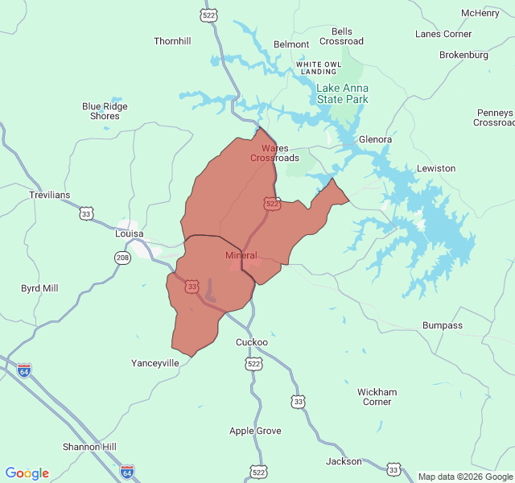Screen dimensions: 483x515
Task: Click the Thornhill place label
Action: coord(172,41)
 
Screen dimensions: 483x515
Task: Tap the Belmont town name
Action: coord(291,44)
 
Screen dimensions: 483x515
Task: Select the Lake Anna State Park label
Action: coord(342,93)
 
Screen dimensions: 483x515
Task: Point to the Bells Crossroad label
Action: coord(341,36)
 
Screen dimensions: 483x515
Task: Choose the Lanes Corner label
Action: coord(443,34)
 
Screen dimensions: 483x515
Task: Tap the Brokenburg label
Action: coord(464,55)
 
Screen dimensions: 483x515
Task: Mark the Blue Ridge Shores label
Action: coord(105,111)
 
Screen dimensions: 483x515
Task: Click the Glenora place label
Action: coord(375,139)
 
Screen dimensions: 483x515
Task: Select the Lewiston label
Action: coord(436,168)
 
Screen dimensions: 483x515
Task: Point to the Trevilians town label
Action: coord(50,195)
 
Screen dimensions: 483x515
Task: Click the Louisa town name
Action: coord(129,233)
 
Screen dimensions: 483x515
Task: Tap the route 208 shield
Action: coord(122,258)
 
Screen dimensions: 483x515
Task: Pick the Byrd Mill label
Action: coord(39,288)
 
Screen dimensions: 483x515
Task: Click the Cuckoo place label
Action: coord(252,342)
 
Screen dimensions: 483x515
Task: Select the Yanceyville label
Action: coord(155,363)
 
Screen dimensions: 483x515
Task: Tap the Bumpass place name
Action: coord(443,325)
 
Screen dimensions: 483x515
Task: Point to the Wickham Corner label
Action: coord(377,397)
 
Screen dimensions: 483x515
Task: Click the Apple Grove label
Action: coord(255,431)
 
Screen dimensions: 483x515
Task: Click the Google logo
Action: coord(27,473)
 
